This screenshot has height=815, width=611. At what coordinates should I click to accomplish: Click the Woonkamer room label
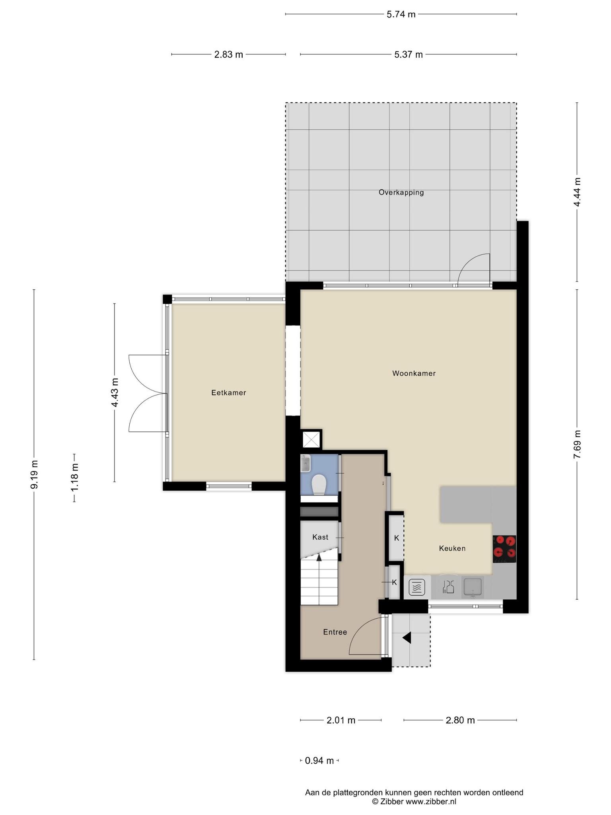tap(414, 373)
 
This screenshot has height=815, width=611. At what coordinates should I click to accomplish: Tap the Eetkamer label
tap(229, 393)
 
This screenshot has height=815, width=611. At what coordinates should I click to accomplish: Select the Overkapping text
tap(401, 193)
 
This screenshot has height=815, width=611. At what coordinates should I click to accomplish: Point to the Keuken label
tap(452, 548)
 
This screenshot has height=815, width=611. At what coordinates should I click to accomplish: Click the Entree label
tap(335, 632)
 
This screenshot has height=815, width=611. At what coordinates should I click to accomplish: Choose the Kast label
tap(320, 537)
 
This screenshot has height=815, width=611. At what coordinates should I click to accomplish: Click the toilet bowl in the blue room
tap(319, 485)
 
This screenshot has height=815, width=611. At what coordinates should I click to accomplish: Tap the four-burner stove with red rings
tap(504, 549)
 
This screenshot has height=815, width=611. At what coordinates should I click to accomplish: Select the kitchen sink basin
tap(473, 587)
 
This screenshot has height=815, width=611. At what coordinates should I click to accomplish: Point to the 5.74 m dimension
tap(401, 15)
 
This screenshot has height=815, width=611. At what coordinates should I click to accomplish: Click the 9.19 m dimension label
tap(35, 474)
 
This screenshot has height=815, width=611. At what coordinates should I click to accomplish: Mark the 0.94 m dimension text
tap(319, 761)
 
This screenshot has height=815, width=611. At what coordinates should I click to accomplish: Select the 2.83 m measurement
tap(229, 55)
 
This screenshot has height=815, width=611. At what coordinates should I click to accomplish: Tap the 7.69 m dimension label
tap(577, 444)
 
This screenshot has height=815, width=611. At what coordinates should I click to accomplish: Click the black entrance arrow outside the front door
tap(407, 638)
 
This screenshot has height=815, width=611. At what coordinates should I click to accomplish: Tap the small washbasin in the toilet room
tap(305, 463)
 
